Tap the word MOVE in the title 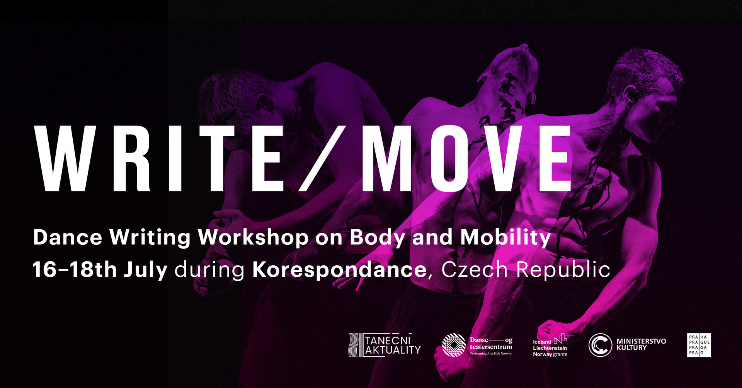point(466,159)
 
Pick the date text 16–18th point(75,269)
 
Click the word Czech point(474,269)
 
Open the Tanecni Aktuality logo point(385,345)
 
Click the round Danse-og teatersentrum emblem point(454,345)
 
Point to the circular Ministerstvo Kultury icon point(600,345)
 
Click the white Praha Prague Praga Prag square point(699,345)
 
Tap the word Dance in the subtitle point(68,237)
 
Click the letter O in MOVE point(448,159)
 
